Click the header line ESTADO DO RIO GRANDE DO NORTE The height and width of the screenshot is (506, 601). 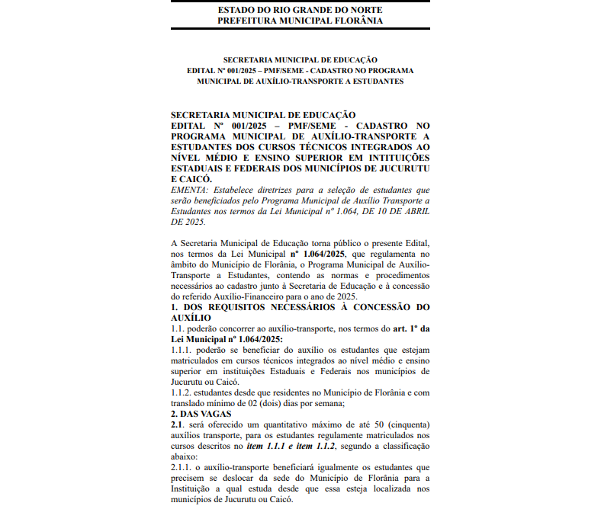300,10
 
